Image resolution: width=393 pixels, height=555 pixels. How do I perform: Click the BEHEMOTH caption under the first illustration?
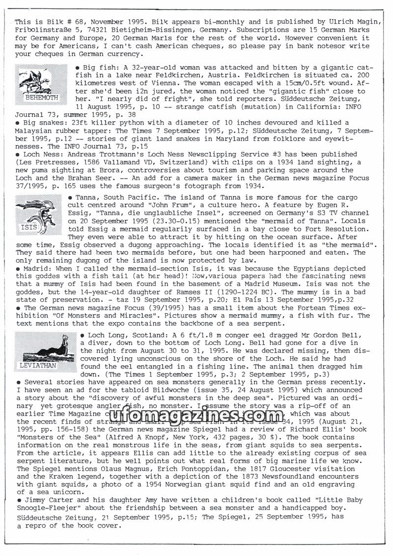point(41,98)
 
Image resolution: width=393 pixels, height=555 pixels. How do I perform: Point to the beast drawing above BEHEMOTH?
point(41,79)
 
